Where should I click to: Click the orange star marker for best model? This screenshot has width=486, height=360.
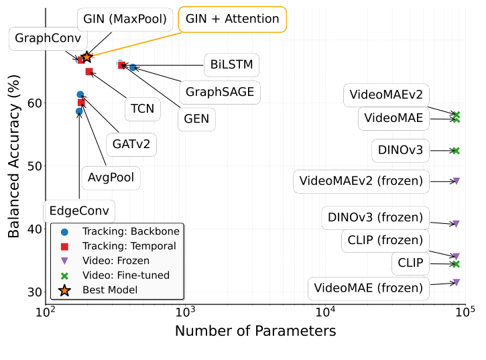(86, 58)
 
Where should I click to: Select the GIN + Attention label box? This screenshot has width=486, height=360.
(232, 19)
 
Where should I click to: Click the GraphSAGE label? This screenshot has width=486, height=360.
(220, 92)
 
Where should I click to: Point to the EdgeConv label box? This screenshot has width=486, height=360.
(78, 211)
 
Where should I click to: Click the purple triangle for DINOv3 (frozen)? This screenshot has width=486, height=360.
(456, 224)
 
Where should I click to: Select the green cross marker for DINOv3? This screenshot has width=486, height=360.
(456, 151)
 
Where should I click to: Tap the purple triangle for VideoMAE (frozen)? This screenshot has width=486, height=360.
(456, 282)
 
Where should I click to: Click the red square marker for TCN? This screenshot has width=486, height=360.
(89, 72)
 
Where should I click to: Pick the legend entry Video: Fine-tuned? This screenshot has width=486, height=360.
(126, 275)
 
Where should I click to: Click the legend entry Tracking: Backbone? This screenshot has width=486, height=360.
(130, 231)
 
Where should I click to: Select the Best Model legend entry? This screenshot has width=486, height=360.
(110, 290)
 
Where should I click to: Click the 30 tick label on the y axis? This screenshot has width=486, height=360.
(34, 292)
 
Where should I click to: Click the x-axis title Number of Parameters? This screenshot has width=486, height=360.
(255, 331)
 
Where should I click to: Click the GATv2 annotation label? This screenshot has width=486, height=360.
(131, 143)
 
